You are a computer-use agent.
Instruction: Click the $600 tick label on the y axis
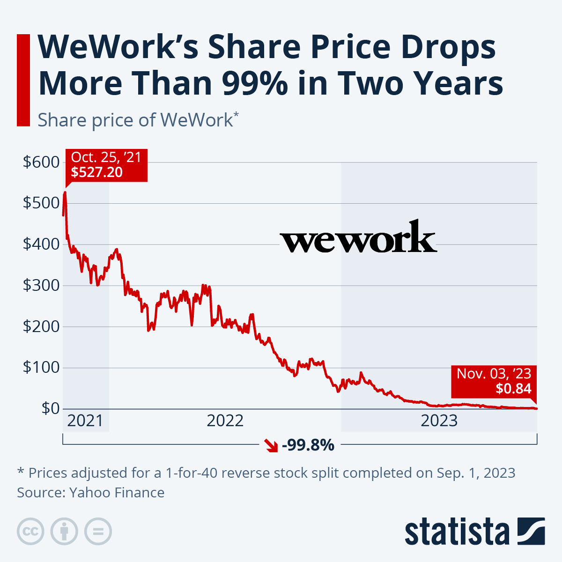point(41,162)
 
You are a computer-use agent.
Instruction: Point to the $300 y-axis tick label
point(41,285)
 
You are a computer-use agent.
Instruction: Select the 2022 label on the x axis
point(225,421)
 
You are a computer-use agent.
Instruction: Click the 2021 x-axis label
point(85,421)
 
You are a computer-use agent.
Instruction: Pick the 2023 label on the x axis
point(439,421)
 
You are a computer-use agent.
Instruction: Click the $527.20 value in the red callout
point(96,172)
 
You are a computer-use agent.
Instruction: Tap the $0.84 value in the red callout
point(514,388)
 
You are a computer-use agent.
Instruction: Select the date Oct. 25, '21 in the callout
point(106,157)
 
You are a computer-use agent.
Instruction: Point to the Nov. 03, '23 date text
point(494,373)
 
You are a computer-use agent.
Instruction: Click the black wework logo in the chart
point(358,237)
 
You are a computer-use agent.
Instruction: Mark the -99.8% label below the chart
point(308,445)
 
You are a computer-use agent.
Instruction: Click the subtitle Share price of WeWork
point(135,120)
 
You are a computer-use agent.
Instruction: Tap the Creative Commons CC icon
point(30,532)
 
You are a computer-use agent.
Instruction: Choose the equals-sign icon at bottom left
point(98,532)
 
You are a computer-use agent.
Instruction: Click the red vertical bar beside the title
point(23,80)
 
